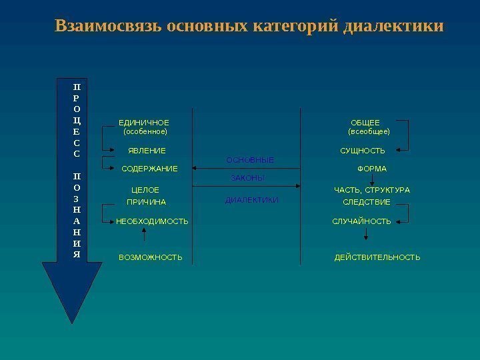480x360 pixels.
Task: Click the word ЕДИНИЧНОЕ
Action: click(144, 123)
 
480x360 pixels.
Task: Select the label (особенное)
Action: click(145, 132)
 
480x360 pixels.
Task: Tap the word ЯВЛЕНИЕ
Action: click(147, 151)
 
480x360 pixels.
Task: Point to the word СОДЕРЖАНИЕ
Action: click(150, 169)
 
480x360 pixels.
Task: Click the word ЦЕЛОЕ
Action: click(145, 191)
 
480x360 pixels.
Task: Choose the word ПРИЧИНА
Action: click(146, 201)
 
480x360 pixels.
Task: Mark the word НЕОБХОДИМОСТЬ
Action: click(152, 221)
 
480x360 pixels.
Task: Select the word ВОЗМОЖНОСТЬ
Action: click(151, 257)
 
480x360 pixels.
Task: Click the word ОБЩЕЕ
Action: click(365, 123)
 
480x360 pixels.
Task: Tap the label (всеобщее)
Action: click(369, 132)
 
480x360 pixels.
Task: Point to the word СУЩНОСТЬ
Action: click(363, 151)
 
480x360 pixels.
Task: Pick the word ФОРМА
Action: click(372, 169)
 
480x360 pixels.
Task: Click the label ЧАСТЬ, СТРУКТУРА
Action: click(372, 191)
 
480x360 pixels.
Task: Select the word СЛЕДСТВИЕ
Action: click(367, 201)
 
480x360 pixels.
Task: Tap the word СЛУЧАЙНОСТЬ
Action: click(362, 221)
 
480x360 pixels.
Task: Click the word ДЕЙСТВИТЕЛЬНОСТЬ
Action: click(377, 257)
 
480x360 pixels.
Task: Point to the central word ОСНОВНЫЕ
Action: click(250, 161)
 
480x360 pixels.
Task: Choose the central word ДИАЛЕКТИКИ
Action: click(252, 200)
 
